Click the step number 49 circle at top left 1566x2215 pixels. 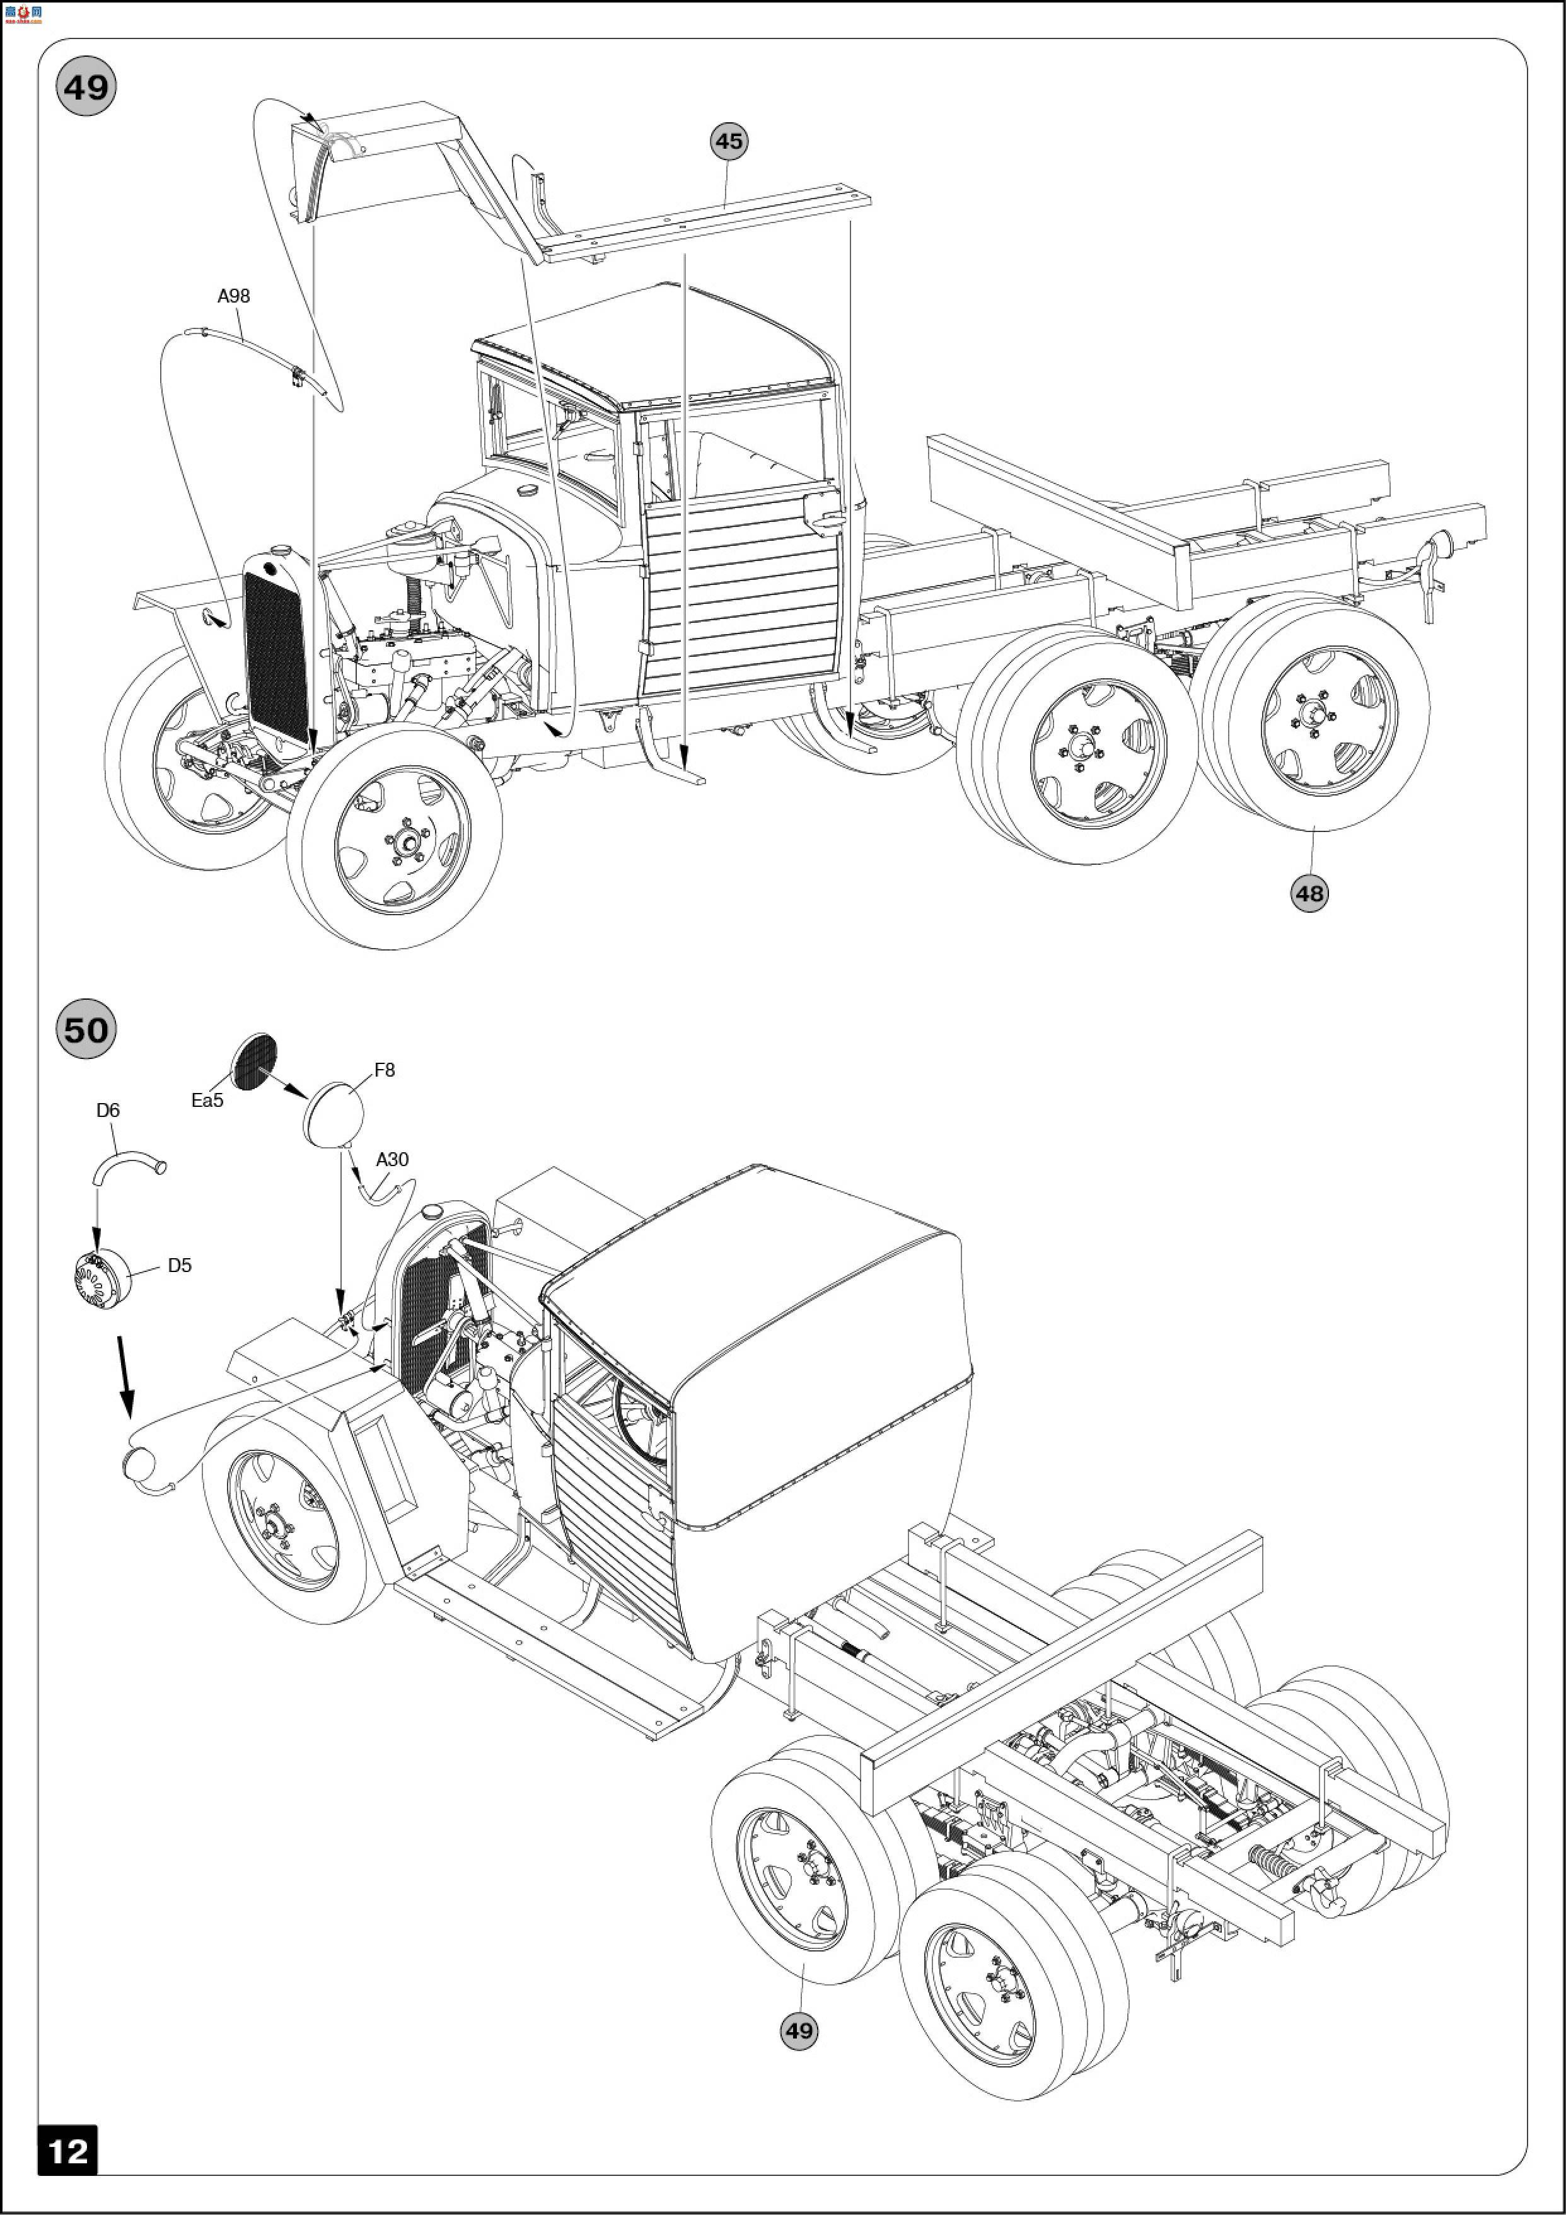86,88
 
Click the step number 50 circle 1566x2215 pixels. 86,1029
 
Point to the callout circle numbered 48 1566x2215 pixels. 1308,893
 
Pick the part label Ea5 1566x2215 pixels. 207,1100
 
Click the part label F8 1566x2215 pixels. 384,1070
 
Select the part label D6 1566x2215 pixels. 108,1111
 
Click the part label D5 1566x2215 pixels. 180,1264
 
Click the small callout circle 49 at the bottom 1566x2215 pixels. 798,2030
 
